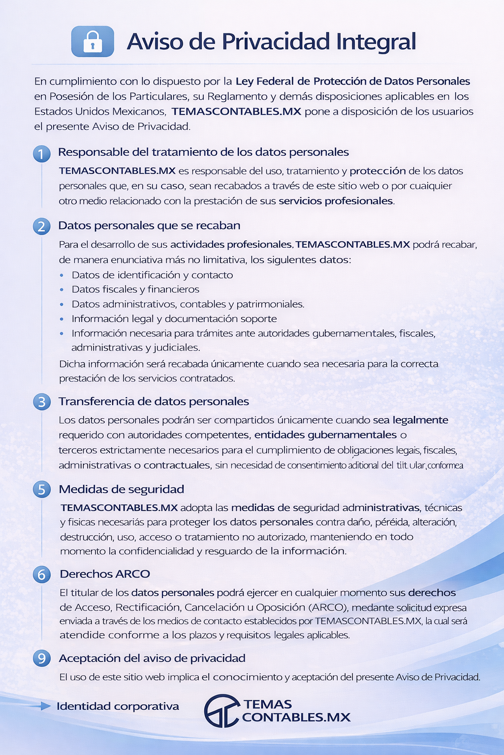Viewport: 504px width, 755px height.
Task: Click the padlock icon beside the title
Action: (x=93, y=42)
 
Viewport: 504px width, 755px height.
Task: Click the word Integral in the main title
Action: (x=376, y=42)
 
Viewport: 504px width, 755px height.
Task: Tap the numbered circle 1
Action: (x=42, y=154)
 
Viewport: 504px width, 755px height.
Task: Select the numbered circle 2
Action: (x=42, y=226)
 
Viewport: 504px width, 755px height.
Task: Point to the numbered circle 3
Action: (x=42, y=402)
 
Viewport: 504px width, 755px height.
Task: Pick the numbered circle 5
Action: (x=42, y=490)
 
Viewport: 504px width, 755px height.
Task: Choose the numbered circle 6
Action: (x=42, y=574)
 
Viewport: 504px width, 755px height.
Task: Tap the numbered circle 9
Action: (x=42, y=658)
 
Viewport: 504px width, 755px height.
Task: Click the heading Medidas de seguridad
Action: (x=121, y=489)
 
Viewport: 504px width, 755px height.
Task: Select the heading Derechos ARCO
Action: (x=105, y=574)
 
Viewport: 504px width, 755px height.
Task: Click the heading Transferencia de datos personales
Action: (x=154, y=401)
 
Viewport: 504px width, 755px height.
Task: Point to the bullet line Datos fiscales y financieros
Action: (x=135, y=289)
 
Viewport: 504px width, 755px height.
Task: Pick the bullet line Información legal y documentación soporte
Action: (x=174, y=319)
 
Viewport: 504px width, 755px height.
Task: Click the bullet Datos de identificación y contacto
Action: (x=152, y=275)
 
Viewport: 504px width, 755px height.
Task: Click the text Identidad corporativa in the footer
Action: (x=118, y=706)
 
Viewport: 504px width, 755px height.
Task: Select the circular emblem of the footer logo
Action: (x=221, y=711)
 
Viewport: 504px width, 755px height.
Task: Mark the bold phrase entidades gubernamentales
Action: (x=325, y=435)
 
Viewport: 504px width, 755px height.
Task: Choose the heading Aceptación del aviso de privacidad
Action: (x=152, y=658)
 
